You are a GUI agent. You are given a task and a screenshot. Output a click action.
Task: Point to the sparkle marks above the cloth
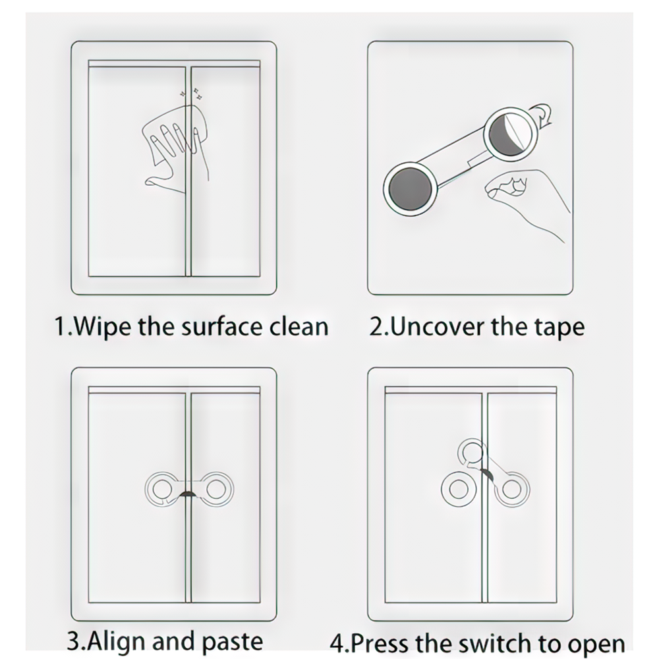191,94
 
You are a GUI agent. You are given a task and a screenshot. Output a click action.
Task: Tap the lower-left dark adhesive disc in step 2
410,188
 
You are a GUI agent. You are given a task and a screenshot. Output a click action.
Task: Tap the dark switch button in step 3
188,494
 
